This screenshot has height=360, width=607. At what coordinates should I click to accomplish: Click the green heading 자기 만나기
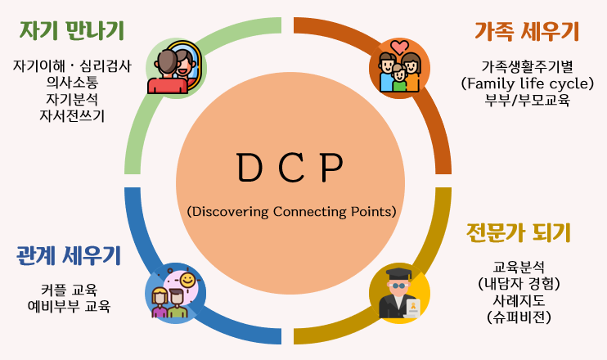72,32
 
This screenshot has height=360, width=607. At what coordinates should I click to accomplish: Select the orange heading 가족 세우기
527,32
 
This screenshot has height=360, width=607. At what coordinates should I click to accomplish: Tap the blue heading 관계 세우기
69,256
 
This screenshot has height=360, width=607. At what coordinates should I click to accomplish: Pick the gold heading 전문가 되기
518,232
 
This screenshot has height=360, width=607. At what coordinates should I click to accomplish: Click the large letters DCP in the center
290,169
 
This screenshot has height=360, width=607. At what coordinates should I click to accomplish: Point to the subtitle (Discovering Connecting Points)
291,211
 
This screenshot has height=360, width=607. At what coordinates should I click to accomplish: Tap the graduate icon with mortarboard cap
399,294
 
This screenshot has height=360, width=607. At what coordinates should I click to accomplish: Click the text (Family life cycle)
527,83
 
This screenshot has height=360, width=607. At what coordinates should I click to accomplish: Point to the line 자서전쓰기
72,115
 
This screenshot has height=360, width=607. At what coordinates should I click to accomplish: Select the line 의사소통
72,83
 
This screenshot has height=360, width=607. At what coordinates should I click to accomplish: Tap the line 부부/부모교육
527,100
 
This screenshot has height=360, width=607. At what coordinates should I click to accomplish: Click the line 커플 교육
69,290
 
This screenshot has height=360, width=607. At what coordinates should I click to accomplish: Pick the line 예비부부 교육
69,307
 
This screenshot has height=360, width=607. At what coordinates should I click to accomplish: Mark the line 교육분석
519,267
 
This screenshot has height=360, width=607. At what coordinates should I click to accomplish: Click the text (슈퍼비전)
519,317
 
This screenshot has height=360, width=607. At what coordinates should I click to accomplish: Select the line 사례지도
519,300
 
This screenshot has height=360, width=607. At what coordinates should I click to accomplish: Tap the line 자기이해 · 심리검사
72,66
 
